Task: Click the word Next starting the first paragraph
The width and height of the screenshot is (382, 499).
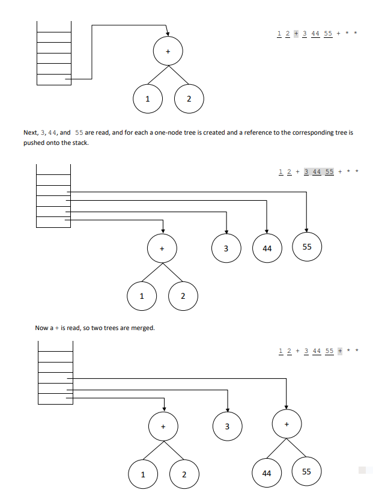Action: (x=30, y=132)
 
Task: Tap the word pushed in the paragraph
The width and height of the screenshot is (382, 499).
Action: (x=34, y=142)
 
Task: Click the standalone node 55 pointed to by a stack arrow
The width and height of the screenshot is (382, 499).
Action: (x=307, y=247)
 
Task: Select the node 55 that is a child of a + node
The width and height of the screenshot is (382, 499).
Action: (x=306, y=472)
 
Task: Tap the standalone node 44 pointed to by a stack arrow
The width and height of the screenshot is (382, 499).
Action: (x=267, y=248)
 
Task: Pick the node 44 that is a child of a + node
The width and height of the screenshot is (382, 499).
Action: (x=267, y=473)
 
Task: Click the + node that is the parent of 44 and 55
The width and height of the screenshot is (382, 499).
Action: (x=286, y=424)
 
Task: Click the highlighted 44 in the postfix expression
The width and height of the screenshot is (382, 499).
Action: (x=317, y=172)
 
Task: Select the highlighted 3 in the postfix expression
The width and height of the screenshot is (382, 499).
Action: (x=307, y=172)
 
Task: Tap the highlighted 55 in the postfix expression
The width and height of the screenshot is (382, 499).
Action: (x=329, y=172)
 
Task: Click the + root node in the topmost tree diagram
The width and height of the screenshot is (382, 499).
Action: (x=168, y=52)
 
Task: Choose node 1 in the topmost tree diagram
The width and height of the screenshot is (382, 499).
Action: (x=147, y=99)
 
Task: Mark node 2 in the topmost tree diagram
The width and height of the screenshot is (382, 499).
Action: (x=189, y=99)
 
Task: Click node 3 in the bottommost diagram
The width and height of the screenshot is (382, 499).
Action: (x=227, y=426)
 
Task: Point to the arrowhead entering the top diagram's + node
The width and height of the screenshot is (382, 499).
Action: (x=168, y=34)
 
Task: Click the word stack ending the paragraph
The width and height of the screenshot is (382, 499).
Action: (x=80, y=142)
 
